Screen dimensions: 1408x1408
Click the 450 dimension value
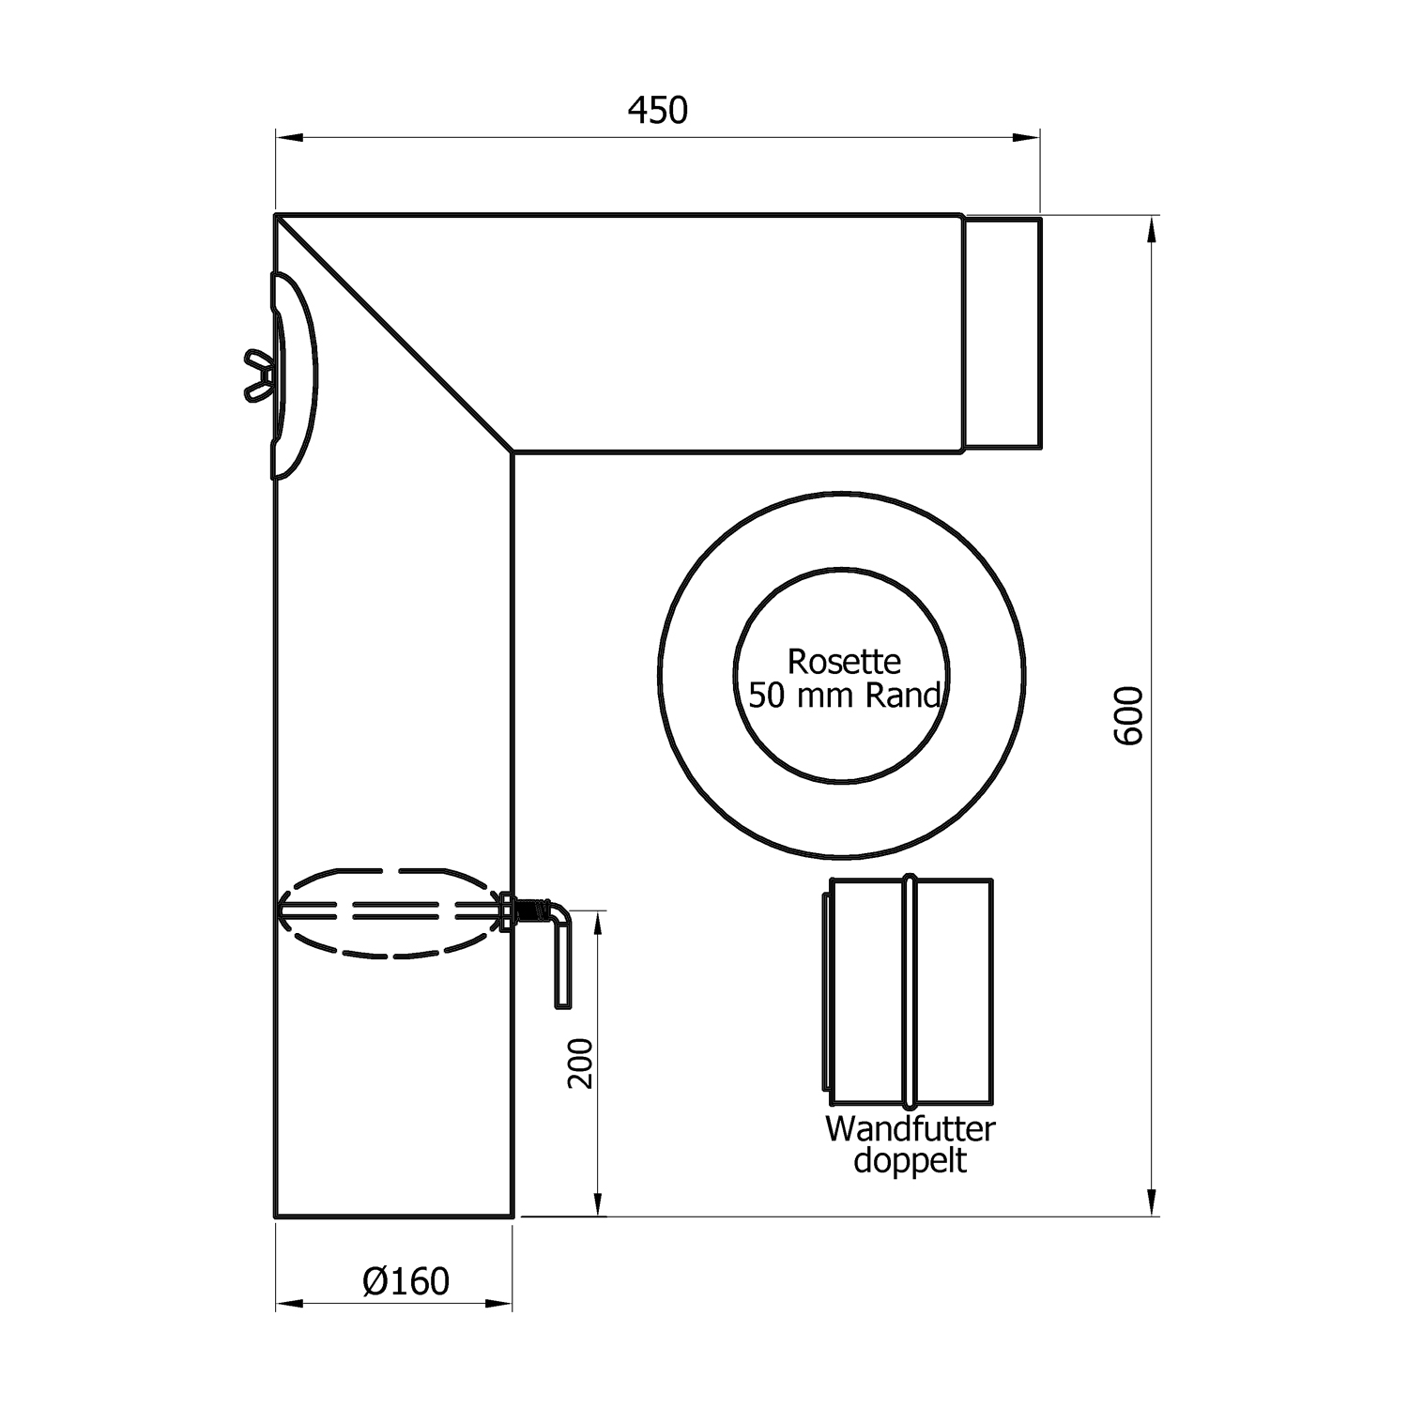click(x=657, y=111)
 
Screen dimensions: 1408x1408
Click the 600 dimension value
click(x=1129, y=715)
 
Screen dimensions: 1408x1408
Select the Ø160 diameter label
click(x=406, y=1280)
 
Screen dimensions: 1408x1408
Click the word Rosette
click(x=844, y=662)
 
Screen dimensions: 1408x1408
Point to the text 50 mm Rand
click(x=845, y=696)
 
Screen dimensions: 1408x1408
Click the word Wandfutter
click(x=910, y=1128)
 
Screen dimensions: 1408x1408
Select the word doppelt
click(x=910, y=1161)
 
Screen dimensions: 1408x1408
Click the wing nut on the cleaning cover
click(x=258, y=375)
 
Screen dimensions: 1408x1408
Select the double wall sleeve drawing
click(x=908, y=990)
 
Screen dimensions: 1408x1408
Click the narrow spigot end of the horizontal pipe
click(x=1002, y=331)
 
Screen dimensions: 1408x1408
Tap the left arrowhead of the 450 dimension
click(x=287, y=138)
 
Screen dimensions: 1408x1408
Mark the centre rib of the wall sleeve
click(x=910, y=990)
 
